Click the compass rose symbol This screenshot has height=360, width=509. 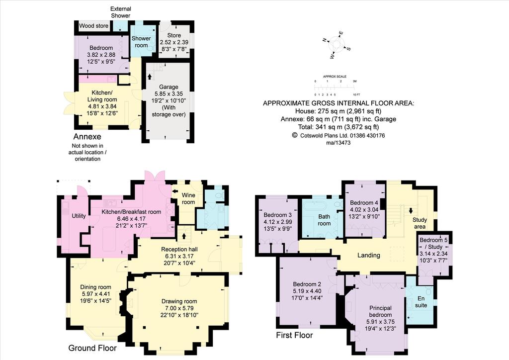tap(337, 45)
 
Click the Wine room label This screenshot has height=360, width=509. tap(188, 198)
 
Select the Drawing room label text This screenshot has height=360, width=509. tap(179, 308)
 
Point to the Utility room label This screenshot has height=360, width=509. tap(79, 216)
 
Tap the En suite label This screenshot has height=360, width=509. tap(421, 301)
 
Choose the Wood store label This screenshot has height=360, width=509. tap(94, 26)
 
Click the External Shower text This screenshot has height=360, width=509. tap(121, 12)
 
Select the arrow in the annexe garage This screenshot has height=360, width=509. tap(149, 77)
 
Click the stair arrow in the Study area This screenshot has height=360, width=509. tap(411, 210)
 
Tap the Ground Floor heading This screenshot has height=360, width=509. tap(92, 348)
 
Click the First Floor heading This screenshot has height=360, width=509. tap(294, 335)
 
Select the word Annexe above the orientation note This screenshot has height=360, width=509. tap(87, 136)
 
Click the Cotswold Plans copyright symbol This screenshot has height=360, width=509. tap(295, 135)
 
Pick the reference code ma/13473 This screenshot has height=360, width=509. tap(338, 143)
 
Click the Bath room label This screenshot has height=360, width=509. tap(324, 220)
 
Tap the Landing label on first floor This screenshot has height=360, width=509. tap(368, 255)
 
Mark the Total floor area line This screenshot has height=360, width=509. tap(338, 127)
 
